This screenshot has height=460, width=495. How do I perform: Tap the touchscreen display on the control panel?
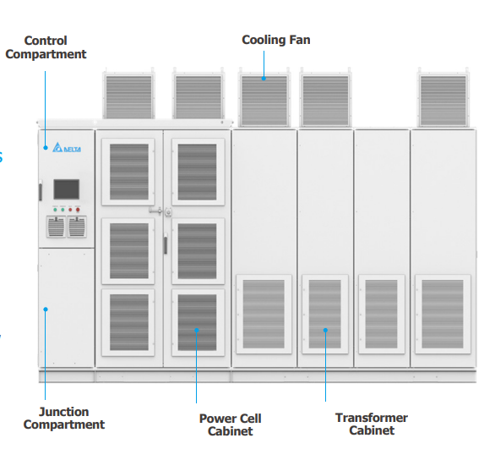(x=66, y=189)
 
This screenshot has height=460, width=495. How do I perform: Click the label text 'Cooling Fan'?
(x=275, y=40)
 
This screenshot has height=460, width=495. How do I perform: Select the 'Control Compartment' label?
(x=46, y=47)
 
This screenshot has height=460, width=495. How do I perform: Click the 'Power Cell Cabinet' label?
(x=230, y=424)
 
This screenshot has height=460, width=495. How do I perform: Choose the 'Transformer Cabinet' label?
(x=371, y=424)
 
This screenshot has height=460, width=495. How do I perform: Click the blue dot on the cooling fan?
(x=263, y=79)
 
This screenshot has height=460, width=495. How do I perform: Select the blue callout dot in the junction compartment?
(x=46, y=309)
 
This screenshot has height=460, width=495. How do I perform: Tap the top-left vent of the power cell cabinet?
(x=128, y=172)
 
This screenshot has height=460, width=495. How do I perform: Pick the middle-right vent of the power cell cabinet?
(x=197, y=250)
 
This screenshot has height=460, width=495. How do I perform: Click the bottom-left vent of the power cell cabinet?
(x=128, y=322)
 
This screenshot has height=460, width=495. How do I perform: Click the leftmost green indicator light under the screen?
(x=55, y=209)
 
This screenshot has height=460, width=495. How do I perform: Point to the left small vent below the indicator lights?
(x=55, y=227)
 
